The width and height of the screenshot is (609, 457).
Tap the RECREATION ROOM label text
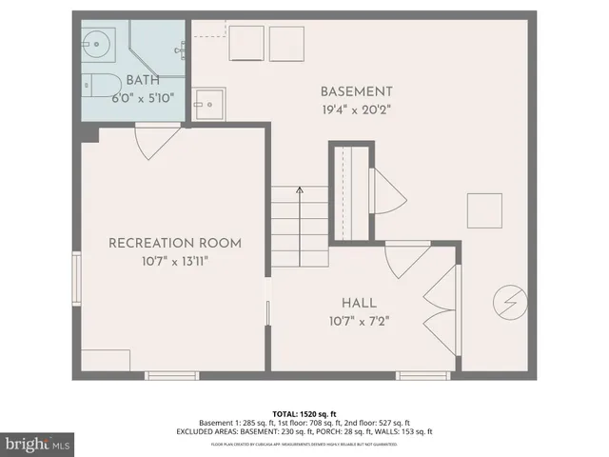(x=174, y=243)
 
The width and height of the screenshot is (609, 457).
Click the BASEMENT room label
(x=356, y=91)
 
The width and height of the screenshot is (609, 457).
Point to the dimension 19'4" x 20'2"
(x=356, y=109)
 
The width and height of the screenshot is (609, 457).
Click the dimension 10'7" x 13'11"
(x=174, y=261)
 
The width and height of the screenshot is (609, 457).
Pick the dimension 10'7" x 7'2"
(x=360, y=320)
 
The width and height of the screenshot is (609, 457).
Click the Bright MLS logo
(x=38, y=443)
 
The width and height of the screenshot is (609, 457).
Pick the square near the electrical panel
(x=483, y=209)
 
